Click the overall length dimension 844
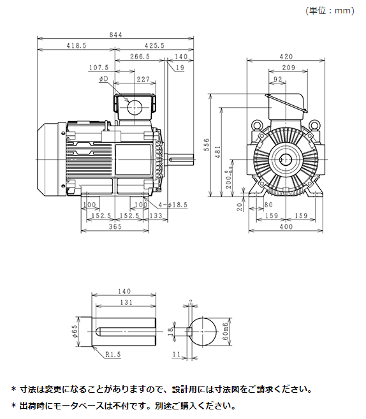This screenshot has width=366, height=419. click(x=115, y=35)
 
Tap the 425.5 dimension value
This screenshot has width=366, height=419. click(x=154, y=46)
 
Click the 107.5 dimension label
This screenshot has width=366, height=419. click(x=99, y=68)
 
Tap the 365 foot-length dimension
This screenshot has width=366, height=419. click(x=115, y=227)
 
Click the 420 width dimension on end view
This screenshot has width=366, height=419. click(x=286, y=57)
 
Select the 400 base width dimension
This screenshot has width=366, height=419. click(x=286, y=227)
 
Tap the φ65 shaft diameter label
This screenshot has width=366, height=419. click(x=75, y=330)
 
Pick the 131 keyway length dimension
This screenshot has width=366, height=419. click(x=126, y=302)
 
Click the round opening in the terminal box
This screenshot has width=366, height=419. click(x=135, y=107)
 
